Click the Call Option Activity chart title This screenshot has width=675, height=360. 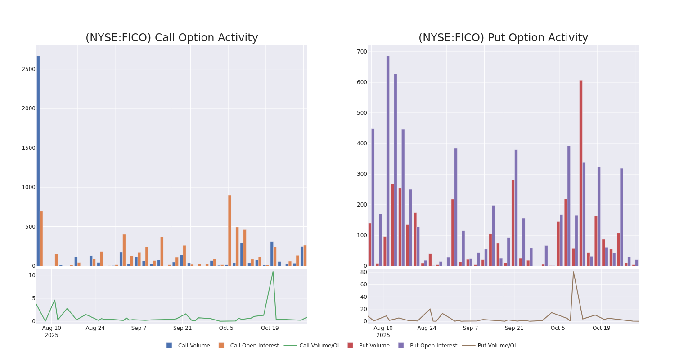coord(171,38)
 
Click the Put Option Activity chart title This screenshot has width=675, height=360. coord(503,38)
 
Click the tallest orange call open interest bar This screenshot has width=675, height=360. coord(229,230)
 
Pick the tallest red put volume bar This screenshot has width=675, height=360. coord(581,173)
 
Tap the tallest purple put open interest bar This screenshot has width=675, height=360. coord(388,161)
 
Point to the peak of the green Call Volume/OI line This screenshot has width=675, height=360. coord(273,272)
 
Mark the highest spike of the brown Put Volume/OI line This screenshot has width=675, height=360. coord(573,272)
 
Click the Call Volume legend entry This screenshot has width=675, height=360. coord(189,346)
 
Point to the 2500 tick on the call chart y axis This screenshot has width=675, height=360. coord(28,69)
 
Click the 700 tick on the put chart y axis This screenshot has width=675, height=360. coord(362,52)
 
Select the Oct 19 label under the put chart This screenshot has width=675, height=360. coord(601,328)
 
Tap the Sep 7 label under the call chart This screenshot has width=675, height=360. coord(139,328)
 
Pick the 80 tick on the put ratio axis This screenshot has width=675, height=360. coord(364,272)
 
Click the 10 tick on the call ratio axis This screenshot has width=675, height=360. coord(32,275)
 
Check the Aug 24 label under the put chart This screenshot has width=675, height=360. coord(427,328)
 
